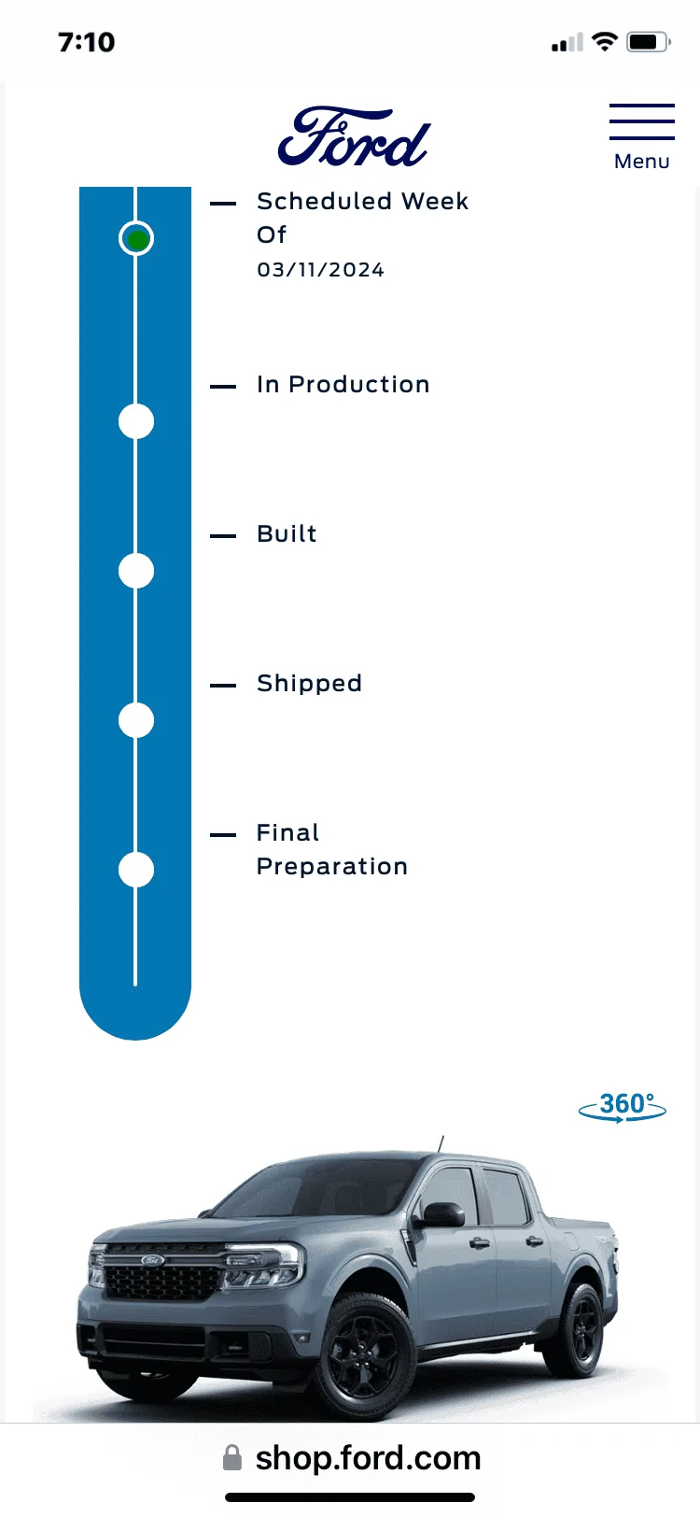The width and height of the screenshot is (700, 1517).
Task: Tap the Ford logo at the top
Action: [x=354, y=136]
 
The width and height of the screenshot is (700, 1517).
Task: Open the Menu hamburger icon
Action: [x=642, y=121]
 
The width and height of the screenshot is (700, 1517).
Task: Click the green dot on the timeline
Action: [x=137, y=238]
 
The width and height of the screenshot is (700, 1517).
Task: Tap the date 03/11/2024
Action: [x=320, y=270]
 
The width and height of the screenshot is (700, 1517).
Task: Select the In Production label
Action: [x=343, y=385]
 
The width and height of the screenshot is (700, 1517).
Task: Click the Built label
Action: [x=287, y=533]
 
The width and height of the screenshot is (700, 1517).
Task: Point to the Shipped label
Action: [x=309, y=684]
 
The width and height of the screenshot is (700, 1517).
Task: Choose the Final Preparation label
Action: [x=331, y=849]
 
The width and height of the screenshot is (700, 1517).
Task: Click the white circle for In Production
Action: [x=136, y=421]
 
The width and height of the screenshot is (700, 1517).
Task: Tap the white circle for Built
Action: [x=136, y=571]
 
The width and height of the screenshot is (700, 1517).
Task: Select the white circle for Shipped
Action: [x=136, y=720]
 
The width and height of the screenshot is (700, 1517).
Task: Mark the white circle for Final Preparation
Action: [x=136, y=870]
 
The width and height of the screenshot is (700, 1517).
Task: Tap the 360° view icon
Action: [x=623, y=1107]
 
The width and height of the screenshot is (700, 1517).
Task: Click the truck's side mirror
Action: [x=440, y=1215]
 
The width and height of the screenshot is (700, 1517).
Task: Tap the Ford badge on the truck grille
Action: [x=152, y=1259]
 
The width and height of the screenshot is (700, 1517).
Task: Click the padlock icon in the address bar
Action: [x=232, y=1457]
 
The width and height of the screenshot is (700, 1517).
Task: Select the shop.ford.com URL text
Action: [x=368, y=1458]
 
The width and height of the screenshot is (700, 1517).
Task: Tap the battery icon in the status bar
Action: [x=648, y=42]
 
